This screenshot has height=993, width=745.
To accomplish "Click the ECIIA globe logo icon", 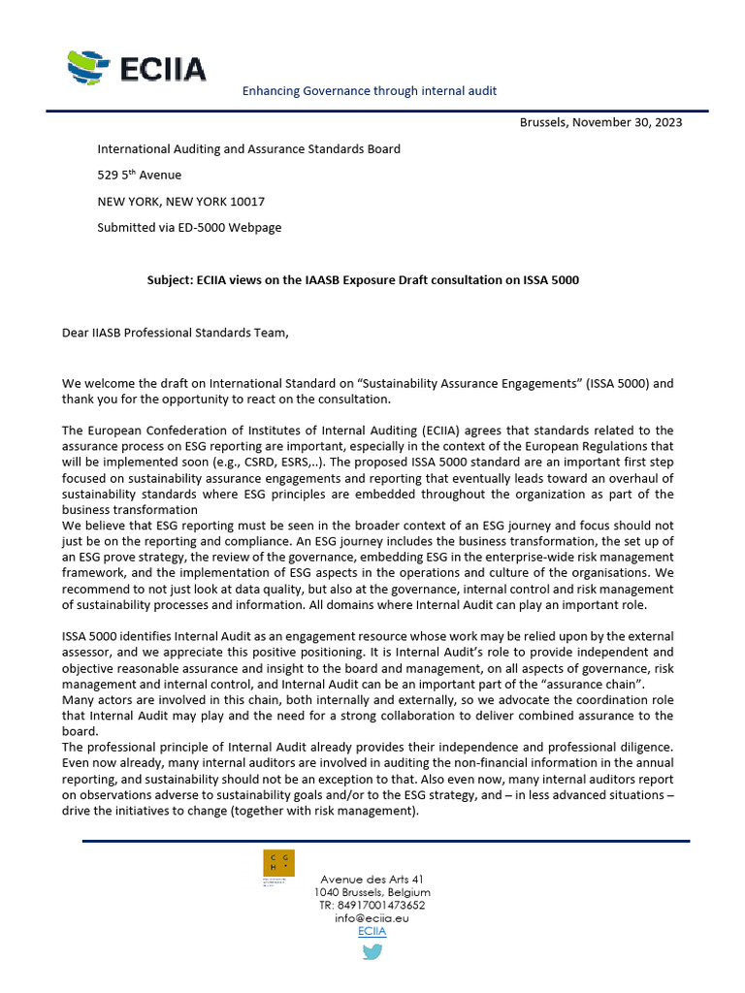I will coord(90,67).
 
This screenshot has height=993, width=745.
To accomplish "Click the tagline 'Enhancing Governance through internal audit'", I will coord(369,90).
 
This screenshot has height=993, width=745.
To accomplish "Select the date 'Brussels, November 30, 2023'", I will coord(600,122).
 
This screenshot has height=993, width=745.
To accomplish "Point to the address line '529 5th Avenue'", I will coord(139,176).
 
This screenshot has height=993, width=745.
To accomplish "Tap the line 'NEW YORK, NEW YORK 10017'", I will coord(180,202).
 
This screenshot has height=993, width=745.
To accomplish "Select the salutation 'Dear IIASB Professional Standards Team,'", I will coord(176,333).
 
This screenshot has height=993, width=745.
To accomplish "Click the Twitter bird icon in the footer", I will coord(372,952).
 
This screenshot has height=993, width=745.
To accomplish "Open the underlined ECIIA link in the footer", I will coord(372,931).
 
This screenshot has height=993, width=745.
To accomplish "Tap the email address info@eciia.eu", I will coord(372,917).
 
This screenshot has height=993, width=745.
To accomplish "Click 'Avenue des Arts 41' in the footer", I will coord(372,879).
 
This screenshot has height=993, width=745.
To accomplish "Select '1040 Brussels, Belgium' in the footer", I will coord(372,892).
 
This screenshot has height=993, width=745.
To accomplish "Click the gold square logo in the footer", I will coord(279,863).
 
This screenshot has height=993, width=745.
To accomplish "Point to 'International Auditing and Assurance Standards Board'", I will coord(248,149).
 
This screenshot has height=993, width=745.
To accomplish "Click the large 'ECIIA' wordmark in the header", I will coord(164,70).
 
